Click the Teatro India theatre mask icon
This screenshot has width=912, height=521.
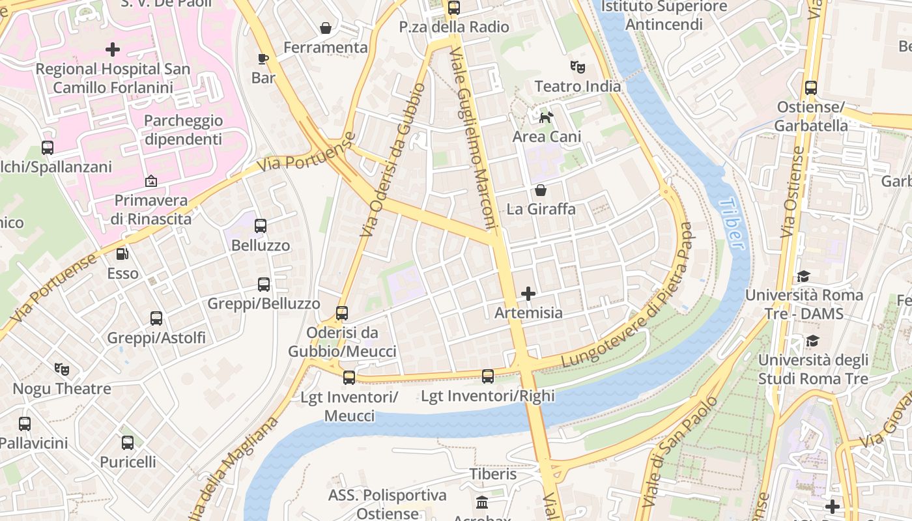(577, 66)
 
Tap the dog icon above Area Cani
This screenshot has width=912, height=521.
(546, 117)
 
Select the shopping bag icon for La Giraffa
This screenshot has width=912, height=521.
(540, 190)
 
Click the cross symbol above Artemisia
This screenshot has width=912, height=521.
(528, 294)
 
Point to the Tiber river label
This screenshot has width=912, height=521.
(732, 223)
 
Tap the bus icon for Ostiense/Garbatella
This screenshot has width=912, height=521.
(811, 88)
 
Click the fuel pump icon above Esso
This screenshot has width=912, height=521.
(122, 254)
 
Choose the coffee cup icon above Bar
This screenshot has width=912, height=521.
(263, 59)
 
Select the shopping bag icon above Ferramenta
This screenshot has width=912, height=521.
(325, 28)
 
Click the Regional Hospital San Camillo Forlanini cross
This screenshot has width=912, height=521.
(113, 49)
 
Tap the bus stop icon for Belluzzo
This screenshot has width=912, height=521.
(261, 226)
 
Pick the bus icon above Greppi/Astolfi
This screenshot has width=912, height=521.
(156, 318)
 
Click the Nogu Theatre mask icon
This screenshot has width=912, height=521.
(62, 369)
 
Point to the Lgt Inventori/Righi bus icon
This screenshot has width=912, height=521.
(488, 376)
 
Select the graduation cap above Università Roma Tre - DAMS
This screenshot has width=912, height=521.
(803, 277)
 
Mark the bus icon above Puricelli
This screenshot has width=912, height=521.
(128, 443)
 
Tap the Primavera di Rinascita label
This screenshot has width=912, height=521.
(151, 209)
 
